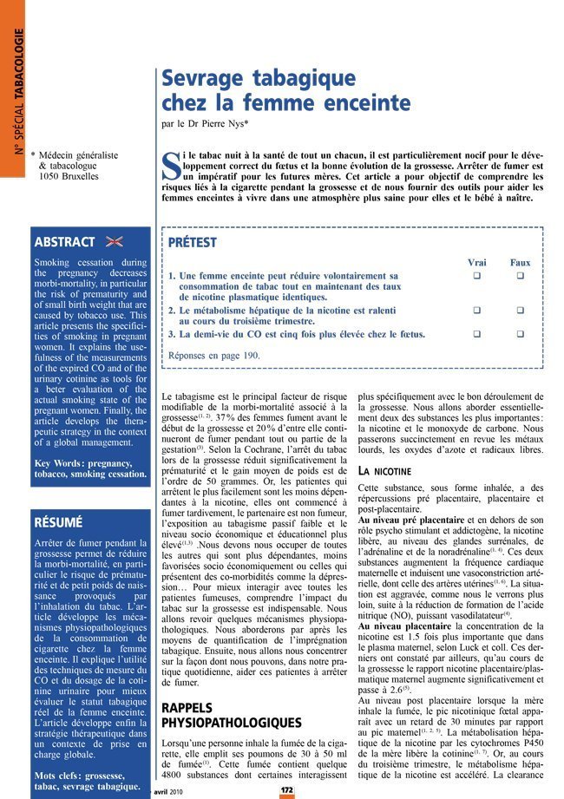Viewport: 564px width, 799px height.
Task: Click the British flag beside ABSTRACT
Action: pos(114,242)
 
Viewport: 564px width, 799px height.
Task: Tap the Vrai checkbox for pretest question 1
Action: pos(476,276)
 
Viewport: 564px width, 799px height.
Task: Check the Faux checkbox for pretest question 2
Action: pos(521,310)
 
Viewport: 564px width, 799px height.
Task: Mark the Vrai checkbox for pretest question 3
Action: pos(476,333)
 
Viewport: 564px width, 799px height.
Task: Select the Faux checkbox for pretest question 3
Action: pos(521,333)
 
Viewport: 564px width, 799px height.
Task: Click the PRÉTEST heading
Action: pos(192,243)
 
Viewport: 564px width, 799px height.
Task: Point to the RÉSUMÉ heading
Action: pos(57,523)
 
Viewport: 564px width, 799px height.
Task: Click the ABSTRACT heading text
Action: pos(63,242)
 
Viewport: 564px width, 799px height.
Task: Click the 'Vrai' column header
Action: pos(476,262)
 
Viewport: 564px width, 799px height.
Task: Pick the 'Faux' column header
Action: pos(520,262)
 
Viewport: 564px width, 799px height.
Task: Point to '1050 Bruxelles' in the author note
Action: pos(69,176)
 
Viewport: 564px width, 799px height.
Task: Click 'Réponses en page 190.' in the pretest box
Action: pos(213,355)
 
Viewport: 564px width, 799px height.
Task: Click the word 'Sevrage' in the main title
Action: pos(204,79)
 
